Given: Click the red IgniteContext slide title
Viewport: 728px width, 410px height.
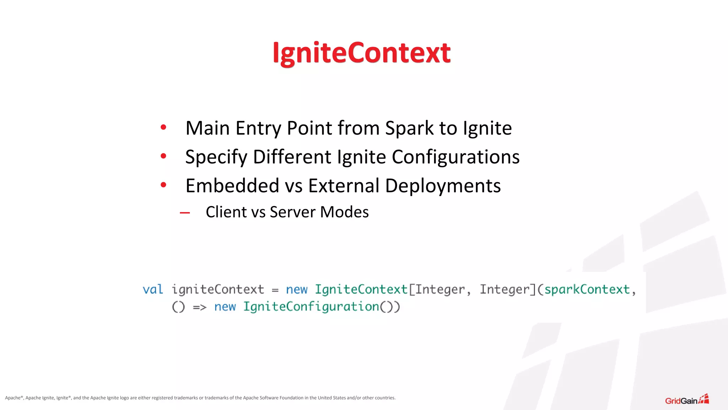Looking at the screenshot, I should (x=362, y=53).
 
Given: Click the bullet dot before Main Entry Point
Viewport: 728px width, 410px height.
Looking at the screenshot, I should (x=164, y=127).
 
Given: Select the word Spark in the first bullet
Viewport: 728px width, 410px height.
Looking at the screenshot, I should (x=409, y=128).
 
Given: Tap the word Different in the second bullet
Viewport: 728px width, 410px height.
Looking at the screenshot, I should (x=292, y=157).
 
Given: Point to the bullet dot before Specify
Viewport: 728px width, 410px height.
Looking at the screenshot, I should (x=164, y=156).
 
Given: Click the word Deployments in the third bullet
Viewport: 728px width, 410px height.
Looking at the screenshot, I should (x=443, y=186).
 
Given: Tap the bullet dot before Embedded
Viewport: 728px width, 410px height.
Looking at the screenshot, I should (x=164, y=185).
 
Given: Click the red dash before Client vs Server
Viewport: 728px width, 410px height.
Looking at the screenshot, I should (x=185, y=213).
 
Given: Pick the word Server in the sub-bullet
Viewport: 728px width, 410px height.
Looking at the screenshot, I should (x=292, y=212).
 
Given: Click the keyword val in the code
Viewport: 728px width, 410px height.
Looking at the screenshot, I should (x=153, y=289).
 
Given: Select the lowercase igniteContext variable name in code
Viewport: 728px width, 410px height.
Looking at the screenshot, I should (x=218, y=289).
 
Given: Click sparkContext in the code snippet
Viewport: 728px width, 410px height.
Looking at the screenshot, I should (x=587, y=289).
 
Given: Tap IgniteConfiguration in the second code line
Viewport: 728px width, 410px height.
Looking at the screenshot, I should (x=311, y=306).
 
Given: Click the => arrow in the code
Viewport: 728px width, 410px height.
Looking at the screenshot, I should (x=199, y=307).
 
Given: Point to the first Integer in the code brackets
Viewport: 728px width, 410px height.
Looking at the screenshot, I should (x=440, y=289).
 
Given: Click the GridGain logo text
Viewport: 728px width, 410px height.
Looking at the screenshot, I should (x=681, y=401).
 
